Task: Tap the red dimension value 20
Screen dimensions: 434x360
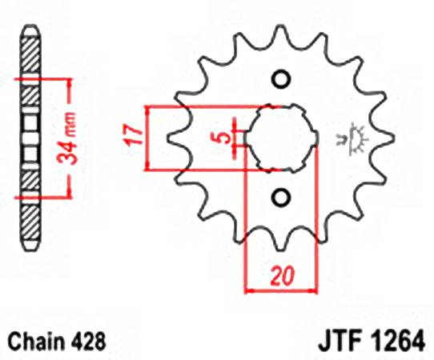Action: coord(282,276)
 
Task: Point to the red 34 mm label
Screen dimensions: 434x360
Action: coord(66,138)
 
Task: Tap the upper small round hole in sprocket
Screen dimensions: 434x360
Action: coord(281,80)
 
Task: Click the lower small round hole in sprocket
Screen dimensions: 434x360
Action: coord(281,197)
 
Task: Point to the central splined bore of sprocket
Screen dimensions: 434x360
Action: coord(281,138)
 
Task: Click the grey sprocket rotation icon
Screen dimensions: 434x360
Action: coord(353,138)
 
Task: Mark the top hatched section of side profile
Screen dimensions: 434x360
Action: coord(30,56)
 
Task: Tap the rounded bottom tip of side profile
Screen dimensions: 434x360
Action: coord(30,247)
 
